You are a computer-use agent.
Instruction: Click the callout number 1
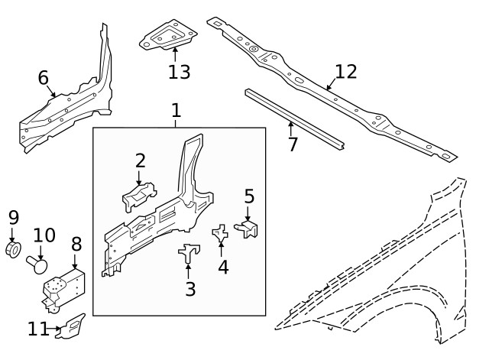[x=176, y=110]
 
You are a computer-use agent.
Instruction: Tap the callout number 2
[x=140, y=161]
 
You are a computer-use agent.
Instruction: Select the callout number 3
[x=190, y=289]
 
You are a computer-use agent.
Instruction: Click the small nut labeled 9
[x=13, y=250]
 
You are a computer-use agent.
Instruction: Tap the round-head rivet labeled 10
[x=38, y=264]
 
